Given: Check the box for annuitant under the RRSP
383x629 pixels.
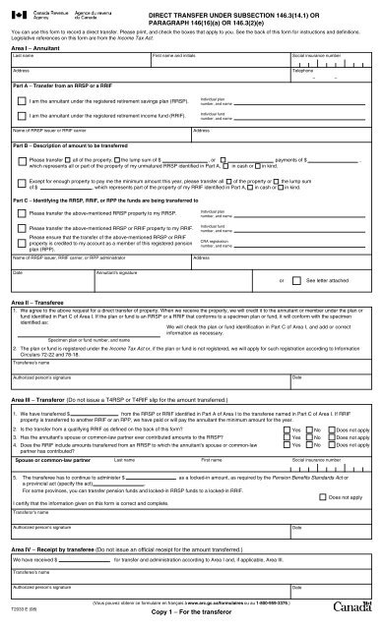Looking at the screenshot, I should pos(21,101).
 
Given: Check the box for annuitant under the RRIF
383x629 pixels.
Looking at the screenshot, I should pos(21,116).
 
